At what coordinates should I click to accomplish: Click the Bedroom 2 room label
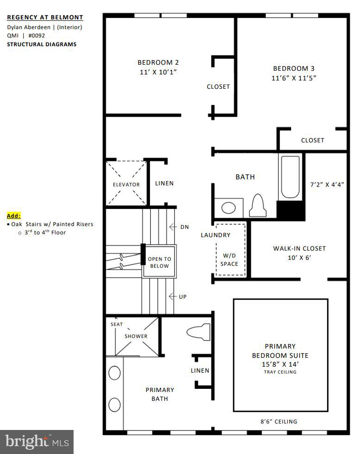click(x=158, y=62)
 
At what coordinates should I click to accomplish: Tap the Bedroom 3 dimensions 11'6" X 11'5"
click(x=294, y=78)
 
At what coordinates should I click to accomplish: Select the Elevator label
click(x=126, y=184)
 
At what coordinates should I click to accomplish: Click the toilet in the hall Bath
click(x=258, y=205)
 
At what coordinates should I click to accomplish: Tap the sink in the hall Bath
click(x=229, y=208)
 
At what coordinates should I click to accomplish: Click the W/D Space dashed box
click(x=230, y=250)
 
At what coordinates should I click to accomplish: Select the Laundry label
click(x=215, y=235)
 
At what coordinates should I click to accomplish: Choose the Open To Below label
click(x=159, y=263)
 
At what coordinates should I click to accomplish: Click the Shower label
click(x=136, y=336)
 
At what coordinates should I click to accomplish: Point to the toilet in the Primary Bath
click(x=198, y=332)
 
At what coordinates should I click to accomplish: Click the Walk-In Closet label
click(x=299, y=248)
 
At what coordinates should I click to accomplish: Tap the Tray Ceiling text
click(x=280, y=372)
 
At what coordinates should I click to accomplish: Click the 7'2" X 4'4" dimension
click(x=327, y=184)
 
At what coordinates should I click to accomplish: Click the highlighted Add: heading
click(x=14, y=216)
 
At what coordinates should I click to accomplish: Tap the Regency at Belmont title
click(x=45, y=18)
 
